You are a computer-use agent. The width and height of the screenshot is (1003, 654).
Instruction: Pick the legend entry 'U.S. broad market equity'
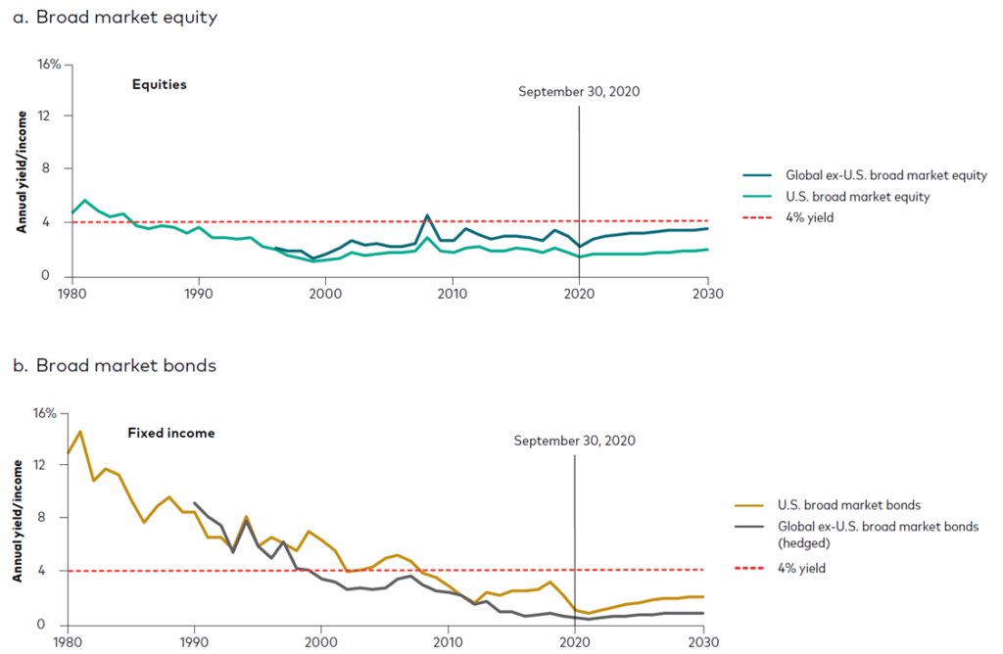[x=856, y=196]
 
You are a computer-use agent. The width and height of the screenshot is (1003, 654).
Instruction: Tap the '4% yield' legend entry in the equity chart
[x=809, y=216]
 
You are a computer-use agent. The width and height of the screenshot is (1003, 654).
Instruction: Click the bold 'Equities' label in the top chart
[x=159, y=85]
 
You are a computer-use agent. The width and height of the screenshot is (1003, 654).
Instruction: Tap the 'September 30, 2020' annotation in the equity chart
[x=579, y=92]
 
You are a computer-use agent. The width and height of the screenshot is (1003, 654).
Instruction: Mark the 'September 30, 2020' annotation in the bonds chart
[x=574, y=441]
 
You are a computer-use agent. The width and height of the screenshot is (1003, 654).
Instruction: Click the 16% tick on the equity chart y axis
[x=50, y=64]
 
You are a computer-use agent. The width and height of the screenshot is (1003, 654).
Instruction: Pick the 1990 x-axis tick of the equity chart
[x=198, y=292]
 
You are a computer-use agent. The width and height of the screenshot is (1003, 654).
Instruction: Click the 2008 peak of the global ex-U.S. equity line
[x=427, y=215]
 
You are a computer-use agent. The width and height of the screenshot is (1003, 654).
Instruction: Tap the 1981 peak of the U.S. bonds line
[x=80, y=432]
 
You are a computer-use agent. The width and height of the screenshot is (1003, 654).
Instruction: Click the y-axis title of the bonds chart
[x=19, y=520]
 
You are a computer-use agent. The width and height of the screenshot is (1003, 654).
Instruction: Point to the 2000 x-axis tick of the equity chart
[x=325, y=292]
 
